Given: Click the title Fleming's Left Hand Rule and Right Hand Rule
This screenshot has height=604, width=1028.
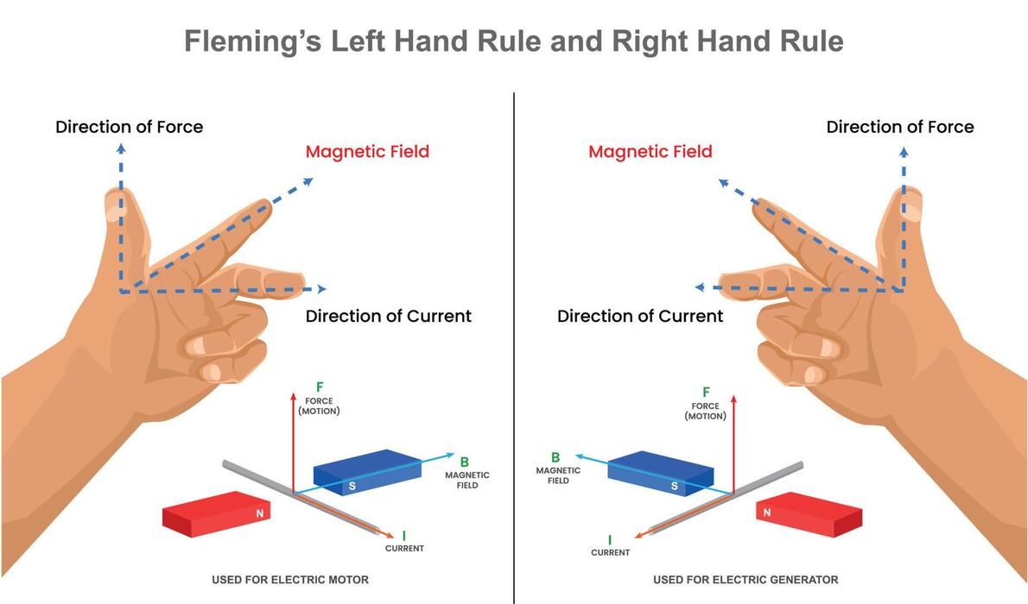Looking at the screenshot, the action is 513,41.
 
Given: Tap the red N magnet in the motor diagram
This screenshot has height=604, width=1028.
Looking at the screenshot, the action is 216,513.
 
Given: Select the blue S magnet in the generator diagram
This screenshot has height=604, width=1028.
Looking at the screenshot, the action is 660,473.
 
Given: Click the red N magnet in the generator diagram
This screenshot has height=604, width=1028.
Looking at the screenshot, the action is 809,514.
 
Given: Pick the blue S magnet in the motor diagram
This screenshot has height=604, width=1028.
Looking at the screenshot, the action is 368,472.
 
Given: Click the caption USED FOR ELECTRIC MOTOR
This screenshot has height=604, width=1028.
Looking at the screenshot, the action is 289,580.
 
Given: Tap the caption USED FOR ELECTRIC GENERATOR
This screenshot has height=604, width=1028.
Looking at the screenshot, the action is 746,580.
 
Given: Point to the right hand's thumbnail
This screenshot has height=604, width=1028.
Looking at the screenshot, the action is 912,205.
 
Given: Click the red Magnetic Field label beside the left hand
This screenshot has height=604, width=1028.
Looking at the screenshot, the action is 367,151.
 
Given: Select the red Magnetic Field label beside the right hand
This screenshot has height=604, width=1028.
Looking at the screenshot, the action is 650,151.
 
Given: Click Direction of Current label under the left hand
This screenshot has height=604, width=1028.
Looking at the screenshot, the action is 388,317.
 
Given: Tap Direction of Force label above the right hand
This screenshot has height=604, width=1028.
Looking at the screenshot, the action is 900,127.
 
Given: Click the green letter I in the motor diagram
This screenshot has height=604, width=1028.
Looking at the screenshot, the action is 404,536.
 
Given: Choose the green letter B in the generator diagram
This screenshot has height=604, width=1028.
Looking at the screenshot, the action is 555,457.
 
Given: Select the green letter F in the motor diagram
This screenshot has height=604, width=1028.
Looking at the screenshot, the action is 320,387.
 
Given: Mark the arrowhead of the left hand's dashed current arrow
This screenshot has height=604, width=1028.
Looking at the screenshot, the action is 322,289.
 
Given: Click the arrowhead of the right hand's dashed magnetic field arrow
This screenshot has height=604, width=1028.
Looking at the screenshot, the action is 724,184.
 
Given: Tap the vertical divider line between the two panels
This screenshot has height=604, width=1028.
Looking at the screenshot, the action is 514,348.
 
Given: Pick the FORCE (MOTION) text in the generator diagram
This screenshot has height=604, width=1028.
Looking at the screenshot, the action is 706,411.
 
